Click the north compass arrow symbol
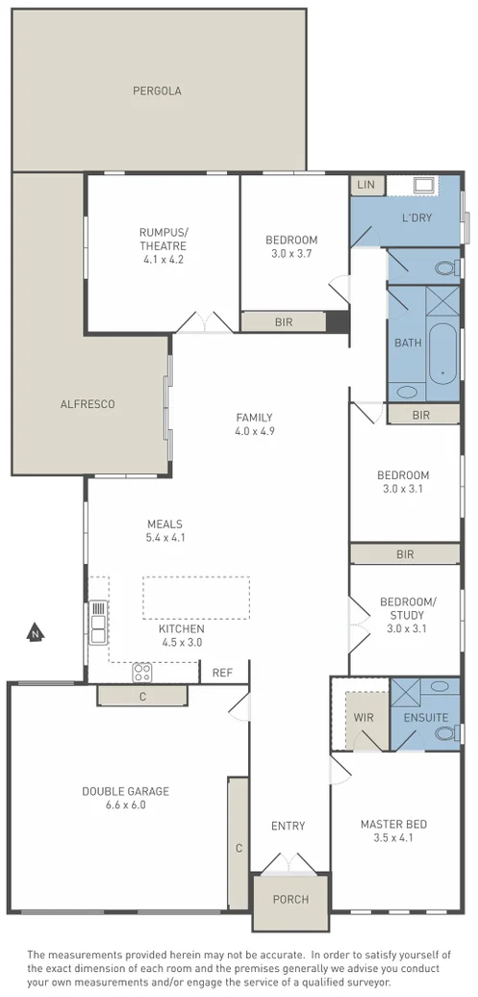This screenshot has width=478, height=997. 35,633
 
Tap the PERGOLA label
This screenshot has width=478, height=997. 157,91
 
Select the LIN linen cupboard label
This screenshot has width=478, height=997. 365,185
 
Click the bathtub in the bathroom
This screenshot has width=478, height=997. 442,350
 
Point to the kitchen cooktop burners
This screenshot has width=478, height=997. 142,671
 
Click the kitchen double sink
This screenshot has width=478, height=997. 97,622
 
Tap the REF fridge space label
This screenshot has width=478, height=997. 222,673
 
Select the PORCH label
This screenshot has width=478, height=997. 290,900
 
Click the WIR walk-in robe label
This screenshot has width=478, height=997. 363,717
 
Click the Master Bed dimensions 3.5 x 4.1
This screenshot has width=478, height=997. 393,838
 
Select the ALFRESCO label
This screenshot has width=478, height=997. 88,404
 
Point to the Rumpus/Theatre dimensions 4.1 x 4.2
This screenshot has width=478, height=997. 163,259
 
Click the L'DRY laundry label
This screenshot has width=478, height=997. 416,217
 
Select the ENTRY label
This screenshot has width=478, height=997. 288,826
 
